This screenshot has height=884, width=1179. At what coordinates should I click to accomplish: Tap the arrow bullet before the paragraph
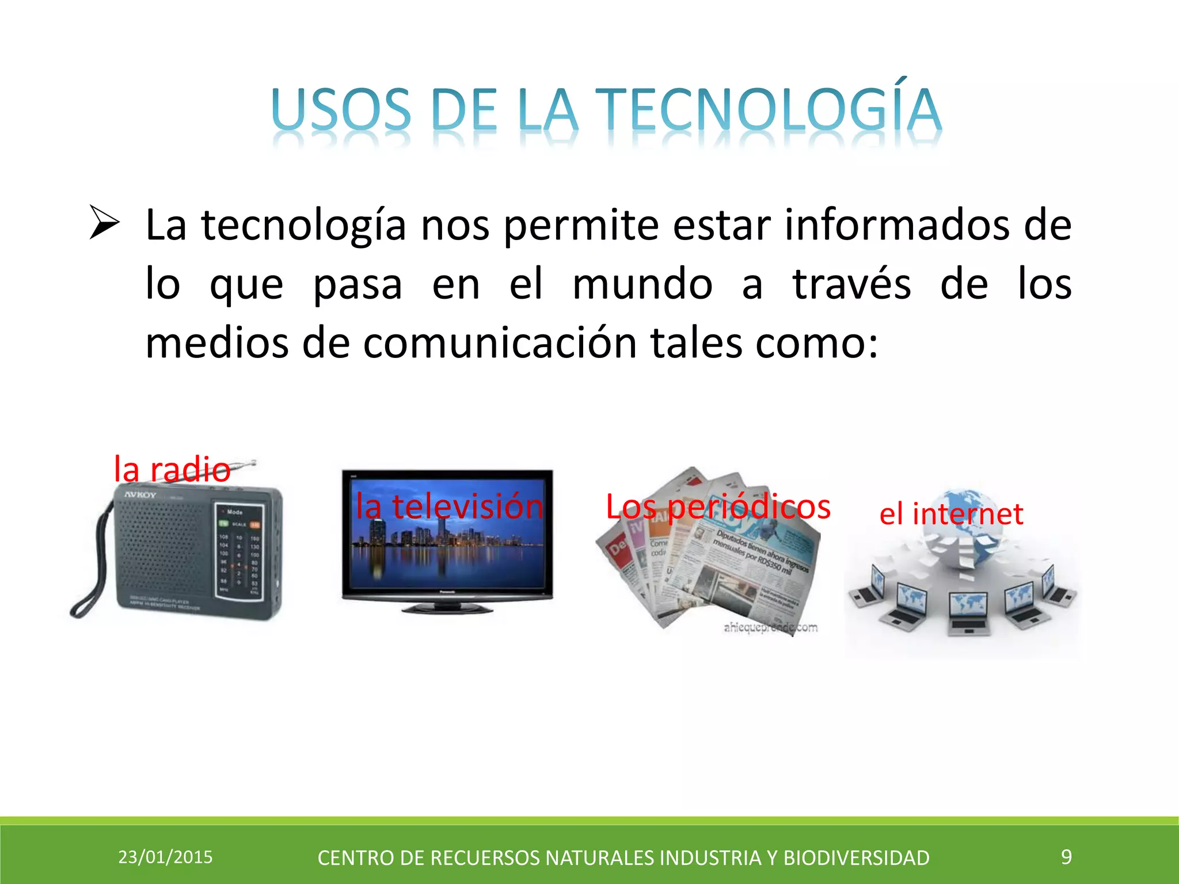104,224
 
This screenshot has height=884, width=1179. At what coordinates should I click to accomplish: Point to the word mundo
642,284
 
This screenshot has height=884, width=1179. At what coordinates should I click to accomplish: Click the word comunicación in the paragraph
500,344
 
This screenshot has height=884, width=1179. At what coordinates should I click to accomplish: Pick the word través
851,284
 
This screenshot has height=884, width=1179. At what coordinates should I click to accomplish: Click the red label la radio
172,469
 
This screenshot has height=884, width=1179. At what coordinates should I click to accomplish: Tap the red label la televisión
449,506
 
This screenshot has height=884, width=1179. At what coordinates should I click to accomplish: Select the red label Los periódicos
718,506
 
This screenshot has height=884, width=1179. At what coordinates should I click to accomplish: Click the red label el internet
951,513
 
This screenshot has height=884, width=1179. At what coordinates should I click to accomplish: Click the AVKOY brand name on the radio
140,495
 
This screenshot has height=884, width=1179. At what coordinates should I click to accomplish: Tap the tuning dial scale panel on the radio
239,552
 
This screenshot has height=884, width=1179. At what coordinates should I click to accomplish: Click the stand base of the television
447,608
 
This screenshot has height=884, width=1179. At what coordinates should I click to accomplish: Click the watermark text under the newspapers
770,627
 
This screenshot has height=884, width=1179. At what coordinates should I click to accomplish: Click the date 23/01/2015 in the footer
165,857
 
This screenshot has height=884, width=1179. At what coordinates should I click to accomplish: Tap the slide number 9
1066,856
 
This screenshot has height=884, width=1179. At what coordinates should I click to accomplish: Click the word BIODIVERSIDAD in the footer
856,858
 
